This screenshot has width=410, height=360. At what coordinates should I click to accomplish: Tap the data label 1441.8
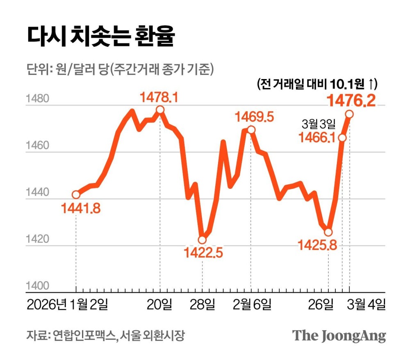click(x=81, y=209)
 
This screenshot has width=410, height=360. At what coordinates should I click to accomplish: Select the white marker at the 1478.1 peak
click(x=160, y=110)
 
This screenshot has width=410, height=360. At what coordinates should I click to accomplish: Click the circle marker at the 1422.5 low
click(x=202, y=240)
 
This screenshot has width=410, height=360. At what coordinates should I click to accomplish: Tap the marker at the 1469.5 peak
click(x=251, y=130)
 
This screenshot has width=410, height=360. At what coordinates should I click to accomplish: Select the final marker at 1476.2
click(x=349, y=113)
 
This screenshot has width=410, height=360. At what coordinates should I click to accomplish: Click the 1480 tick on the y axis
click(x=37, y=100)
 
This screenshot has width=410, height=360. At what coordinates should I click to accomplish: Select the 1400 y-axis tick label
click(x=37, y=286)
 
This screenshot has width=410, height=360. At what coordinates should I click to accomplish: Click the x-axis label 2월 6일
click(x=252, y=305)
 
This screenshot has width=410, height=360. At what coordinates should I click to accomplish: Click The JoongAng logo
click(x=339, y=336)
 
